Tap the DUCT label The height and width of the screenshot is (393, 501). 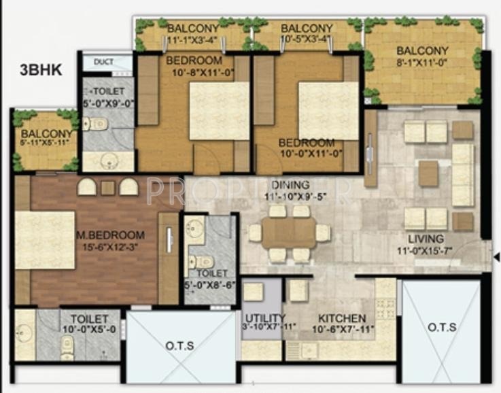tap(103, 62)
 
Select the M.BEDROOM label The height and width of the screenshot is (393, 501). tap(111, 235)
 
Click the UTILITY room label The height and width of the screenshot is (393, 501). tap(261, 318)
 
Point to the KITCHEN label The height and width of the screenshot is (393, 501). tap(341, 318)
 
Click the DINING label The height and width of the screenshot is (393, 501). tap(290, 184)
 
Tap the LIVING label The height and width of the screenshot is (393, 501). tap(426, 239)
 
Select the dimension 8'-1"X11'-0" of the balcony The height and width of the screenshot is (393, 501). tap(422, 63)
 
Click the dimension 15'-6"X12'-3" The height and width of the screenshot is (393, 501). tap(111, 247)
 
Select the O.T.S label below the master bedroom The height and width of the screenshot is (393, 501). tap(179, 346)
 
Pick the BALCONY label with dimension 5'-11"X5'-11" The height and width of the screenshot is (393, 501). tap(46, 134)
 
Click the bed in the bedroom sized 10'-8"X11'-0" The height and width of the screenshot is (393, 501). tap(219, 110)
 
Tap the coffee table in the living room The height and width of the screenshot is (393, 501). tap(428, 173)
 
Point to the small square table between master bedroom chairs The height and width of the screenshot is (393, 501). tap(107, 188)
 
